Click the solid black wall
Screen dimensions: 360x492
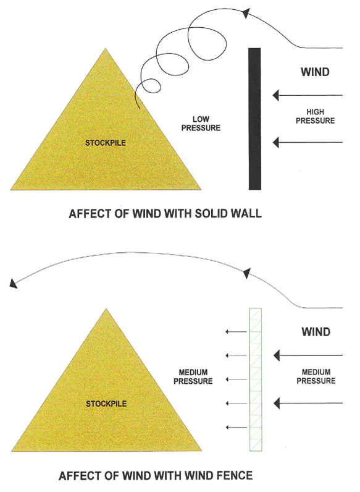pyautogui.click(x=254, y=119)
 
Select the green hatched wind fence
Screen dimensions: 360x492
pyautogui.click(x=256, y=380)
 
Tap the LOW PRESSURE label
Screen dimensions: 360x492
pyautogui.click(x=201, y=124)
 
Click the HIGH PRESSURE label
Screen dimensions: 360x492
pyautogui.click(x=316, y=116)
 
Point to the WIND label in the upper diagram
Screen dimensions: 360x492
pyautogui.click(x=315, y=72)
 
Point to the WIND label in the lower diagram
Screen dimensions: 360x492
pyautogui.click(x=316, y=332)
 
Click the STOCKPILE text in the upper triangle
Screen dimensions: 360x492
pyautogui.click(x=106, y=143)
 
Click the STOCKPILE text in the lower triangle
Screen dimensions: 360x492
pyautogui.click(x=106, y=404)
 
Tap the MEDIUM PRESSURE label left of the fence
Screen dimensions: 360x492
pyautogui.click(x=193, y=377)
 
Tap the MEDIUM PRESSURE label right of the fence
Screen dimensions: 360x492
pyautogui.click(x=316, y=376)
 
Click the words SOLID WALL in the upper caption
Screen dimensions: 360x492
pyautogui.click(x=228, y=214)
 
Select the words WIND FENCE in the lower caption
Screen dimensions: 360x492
pyautogui.click(x=219, y=476)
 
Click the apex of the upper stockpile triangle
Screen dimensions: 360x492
pyautogui.click(x=106, y=48)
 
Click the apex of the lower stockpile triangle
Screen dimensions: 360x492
pyautogui.click(x=106, y=309)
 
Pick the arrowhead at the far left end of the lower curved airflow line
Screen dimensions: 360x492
pyautogui.click(x=13, y=283)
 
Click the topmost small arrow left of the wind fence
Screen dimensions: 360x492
pyautogui.click(x=237, y=332)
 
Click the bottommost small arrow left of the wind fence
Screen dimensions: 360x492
pyautogui.click(x=237, y=427)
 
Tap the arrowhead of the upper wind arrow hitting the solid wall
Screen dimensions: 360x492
pyautogui.click(x=276, y=95)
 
